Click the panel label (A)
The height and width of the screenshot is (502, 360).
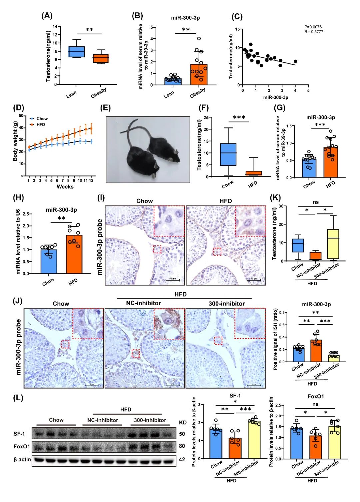pos(47,16)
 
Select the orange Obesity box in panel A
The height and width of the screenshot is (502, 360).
pos(101,58)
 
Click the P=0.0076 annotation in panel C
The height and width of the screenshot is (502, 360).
pos(313,27)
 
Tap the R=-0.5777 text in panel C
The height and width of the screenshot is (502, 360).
pos(314,32)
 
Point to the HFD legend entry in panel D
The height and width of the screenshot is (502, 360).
pos(40,125)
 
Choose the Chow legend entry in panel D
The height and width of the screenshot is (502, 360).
pos(42,119)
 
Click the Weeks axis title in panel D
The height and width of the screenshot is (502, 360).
pos(65,187)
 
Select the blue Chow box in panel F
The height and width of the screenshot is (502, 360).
pos(228,154)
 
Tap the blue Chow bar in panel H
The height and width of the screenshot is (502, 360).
pos(49,262)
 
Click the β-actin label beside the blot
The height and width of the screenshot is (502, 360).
pos(22,460)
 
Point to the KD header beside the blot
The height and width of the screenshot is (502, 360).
pos(183,423)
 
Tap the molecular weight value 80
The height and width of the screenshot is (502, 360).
pos(182,446)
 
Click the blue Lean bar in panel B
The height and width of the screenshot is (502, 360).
pos(173,81)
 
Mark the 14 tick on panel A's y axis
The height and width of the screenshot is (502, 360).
pos(55,27)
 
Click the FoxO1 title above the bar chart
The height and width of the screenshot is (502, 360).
pos(315,397)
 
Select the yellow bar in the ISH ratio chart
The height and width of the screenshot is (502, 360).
pos(333,358)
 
